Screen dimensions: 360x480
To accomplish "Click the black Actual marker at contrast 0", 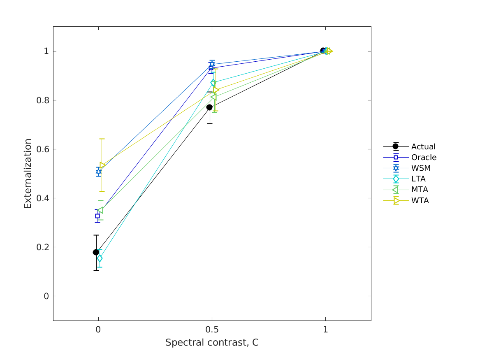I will click(96, 252).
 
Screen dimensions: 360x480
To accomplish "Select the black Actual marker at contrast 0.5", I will click(209, 107).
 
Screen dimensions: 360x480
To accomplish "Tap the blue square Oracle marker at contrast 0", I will click(97, 216).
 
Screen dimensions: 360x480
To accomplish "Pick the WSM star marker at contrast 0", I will click(99, 172).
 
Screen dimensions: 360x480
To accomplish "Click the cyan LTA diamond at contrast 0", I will click(100, 258).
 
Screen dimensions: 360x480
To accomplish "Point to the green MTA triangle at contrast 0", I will click(100, 210).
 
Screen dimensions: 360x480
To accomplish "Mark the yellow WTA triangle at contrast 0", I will click(102, 165).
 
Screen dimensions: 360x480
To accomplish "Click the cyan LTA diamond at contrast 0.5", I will click(213, 83).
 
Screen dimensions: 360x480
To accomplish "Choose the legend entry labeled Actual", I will click(423, 146).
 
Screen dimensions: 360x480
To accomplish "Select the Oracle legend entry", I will click(424, 157).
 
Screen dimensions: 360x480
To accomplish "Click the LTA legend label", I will click(418, 179).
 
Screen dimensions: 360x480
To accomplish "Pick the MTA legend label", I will click(420, 190).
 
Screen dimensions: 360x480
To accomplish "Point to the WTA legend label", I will click(420, 201).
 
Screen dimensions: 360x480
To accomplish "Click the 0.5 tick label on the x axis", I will click(212, 330).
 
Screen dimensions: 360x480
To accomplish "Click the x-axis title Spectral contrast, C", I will click(212, 342).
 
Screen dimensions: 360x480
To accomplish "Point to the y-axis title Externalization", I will click(28, 173).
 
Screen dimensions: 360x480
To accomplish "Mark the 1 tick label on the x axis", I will click(325, 330).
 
